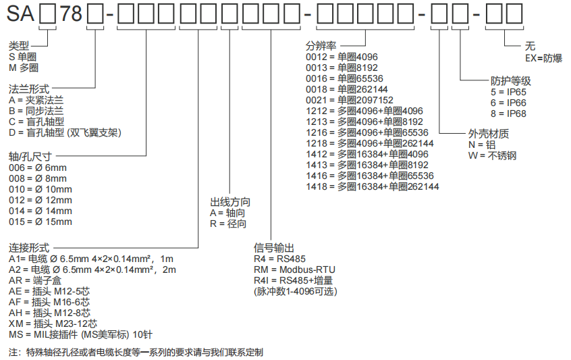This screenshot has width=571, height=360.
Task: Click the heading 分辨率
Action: (x=321, y=46)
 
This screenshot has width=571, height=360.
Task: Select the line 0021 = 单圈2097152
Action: (x=350, y=100)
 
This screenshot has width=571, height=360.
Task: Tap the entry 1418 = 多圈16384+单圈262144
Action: (x=372, y=186)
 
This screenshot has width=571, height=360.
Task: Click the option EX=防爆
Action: (x=543, y=58)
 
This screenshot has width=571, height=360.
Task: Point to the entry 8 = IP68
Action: (x=508, y=113)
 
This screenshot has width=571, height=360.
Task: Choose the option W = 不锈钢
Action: (x=492, y=155)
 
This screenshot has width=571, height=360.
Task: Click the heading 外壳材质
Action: (x=489, y=134)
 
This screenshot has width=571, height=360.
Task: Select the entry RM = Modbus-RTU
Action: (x=294, y=269)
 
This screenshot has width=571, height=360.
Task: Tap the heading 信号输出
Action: (x=274, y=248)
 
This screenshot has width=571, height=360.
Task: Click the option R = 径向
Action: (x=228, y=224)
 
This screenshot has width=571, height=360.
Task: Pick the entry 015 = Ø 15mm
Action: (x=40, y=222)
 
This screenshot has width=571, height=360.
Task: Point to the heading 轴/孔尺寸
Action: (x=30, y=157)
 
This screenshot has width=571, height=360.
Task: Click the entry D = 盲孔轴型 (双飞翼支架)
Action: (x=65, y=132)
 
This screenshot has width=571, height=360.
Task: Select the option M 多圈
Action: (x=24, y=68)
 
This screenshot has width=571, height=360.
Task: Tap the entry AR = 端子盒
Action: (x=35, y=280)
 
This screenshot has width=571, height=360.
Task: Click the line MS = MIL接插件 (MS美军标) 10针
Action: (x=80, y=334)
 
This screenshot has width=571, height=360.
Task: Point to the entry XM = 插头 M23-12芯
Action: (x=53, y=324)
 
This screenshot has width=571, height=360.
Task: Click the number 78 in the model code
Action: (x=71, y=14)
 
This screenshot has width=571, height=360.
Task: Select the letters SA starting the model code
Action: (x=20, y=14)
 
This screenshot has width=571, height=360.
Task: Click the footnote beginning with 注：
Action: (x=136, y=353)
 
